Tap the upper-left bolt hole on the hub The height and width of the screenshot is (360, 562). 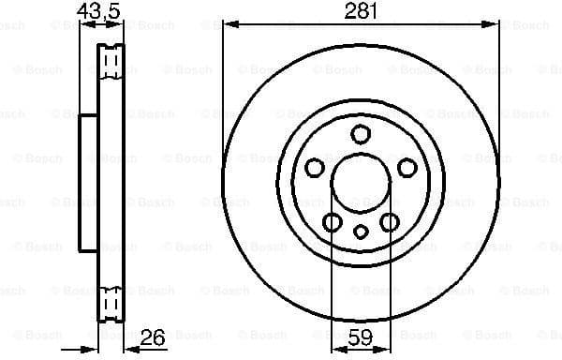(x=316, y=168)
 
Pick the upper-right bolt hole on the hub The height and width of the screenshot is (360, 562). (x=407, y=168)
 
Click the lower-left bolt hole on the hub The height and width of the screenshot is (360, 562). (x=333, y=222)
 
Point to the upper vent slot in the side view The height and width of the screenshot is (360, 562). (x=111, y=64)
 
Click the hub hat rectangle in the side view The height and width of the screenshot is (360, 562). (x=87, y=184)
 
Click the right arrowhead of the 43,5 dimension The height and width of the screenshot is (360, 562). (x=120, y=25)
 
